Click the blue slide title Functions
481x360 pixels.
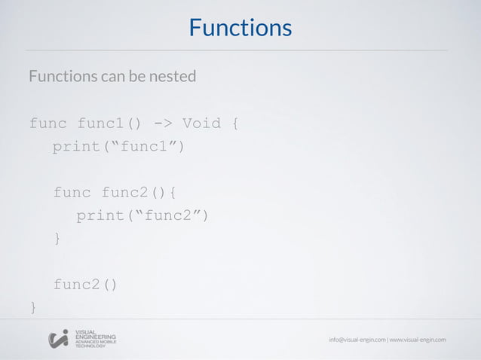pyautogui.click(x=240, y=28)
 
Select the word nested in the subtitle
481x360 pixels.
pyautogui.click(x=174, y=77)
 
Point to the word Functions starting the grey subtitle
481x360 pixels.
pyautogui.click(x=60, y=77)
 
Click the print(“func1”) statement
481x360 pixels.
pyautogui.click(x=118, y=146)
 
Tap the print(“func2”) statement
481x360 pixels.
pyautogui.click(x=142, y=216)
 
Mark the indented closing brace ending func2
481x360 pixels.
pyautogui.click(x=57, y=239)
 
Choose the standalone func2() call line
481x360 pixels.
pyautogui.click(x=85, y=285)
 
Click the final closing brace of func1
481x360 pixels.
pyautogui.click(x=32, y=307)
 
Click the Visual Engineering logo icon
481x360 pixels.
pyautogui.click(x=58, y=340)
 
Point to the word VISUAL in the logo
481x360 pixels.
pyautogui.click(x=85, y=332)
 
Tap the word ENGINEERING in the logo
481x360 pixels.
pyautogui.click(x=96, y=337)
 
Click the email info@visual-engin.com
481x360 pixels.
pyautogui.click(x=357, y=340)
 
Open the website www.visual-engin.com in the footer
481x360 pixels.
pyautogui.click(x=418, y=340)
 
